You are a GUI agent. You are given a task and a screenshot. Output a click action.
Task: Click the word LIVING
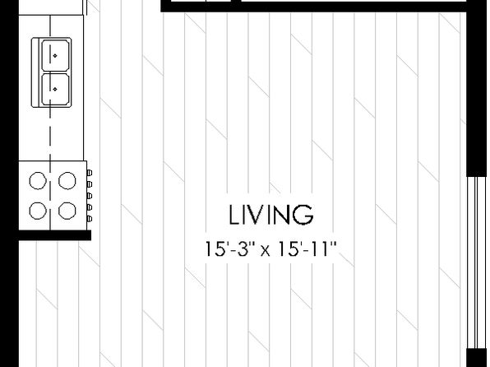(271, 215)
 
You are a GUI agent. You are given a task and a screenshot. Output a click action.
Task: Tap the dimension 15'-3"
(230, 249)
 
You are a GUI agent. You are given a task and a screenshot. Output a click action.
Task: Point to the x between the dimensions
(266, 251)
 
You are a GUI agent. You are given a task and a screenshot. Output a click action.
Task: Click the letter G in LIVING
(303, 215)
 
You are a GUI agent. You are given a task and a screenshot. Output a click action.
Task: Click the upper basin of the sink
(56, 55)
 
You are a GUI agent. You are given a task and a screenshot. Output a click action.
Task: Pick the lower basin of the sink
(56, 89)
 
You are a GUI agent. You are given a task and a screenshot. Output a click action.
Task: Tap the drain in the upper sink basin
(55, 56)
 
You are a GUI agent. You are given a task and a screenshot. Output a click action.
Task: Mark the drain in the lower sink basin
(55, 89)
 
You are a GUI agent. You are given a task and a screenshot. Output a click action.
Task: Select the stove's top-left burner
(38, 180)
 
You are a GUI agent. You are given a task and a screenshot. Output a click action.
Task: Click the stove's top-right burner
(67, 180)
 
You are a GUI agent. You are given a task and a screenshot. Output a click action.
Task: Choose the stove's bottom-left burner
(38, 211)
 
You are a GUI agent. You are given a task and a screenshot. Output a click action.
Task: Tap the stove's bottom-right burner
(67, 211)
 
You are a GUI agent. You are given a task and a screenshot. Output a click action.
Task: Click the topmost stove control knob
(90, 173)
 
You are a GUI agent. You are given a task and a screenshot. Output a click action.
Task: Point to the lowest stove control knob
(90, 219)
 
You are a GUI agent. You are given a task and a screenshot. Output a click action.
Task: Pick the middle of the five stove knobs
(90, 196)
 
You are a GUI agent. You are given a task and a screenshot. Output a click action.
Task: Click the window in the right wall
(477, 262)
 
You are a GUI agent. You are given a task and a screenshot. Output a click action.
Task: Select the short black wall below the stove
(55, 235)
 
